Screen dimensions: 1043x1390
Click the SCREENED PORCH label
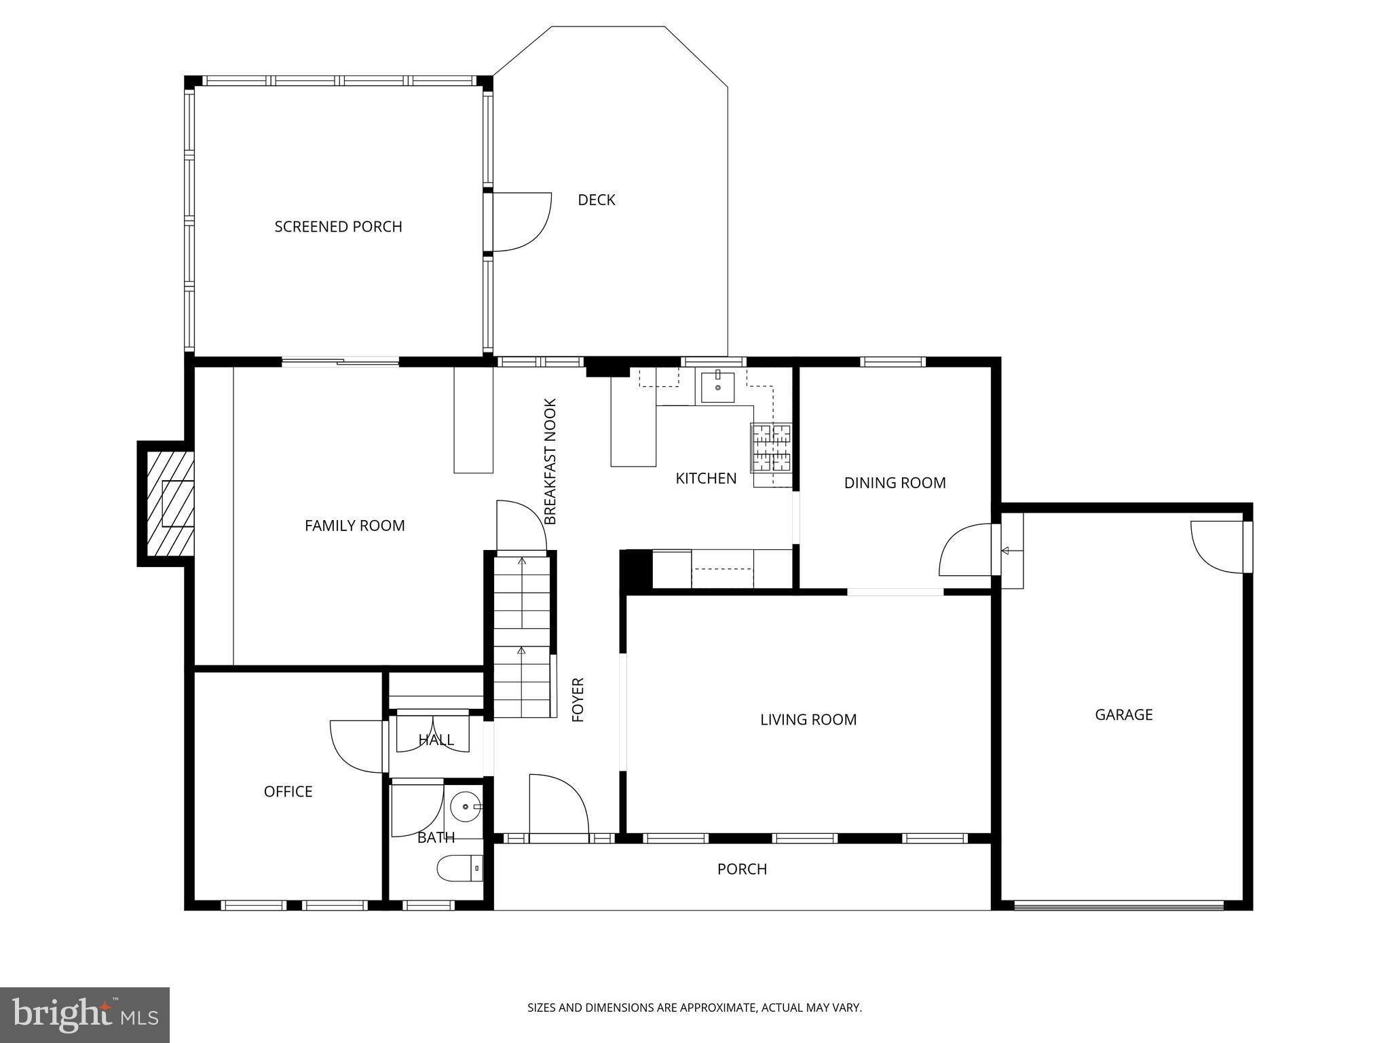coord(338,227)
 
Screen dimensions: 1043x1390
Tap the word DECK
coord(596,200)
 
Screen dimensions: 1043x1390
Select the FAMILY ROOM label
coord(354,526)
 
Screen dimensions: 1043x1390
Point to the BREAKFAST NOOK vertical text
coord(550,461)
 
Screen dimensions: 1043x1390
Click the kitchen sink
coord(717,387)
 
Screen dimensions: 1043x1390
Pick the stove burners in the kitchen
coord(771,447)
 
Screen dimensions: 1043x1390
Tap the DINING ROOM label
coord(895,483)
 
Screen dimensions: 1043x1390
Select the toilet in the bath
coord(458,868)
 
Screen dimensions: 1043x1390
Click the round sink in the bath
coord(466,807)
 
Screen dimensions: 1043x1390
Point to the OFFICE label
coord(288,792)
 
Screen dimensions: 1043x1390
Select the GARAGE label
coord(1123,714)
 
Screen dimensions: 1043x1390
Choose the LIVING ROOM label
coord(808,720)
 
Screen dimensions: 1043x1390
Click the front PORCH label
coord(742,869)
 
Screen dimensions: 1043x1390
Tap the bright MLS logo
coord(84,1014)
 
